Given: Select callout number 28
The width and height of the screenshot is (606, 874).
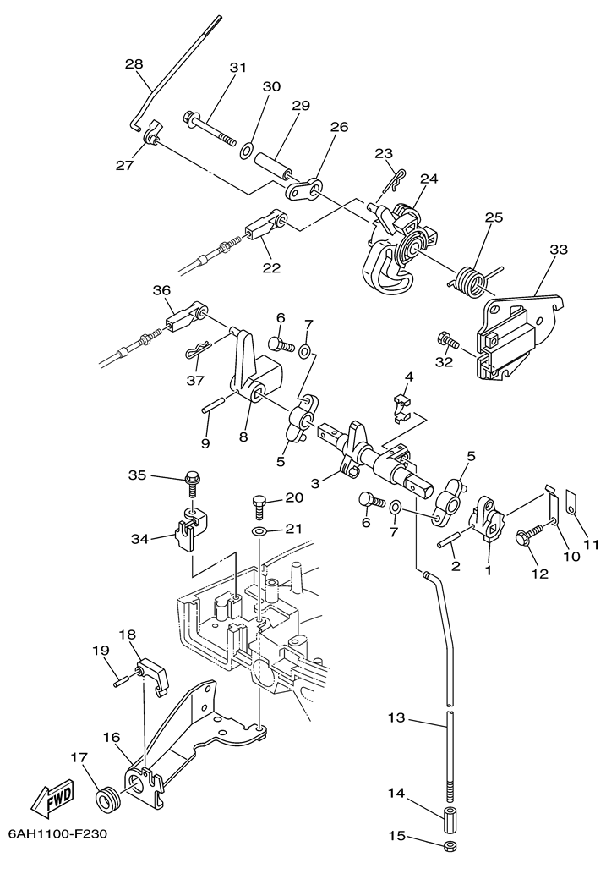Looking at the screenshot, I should pyautogui.click(x=134, y=63).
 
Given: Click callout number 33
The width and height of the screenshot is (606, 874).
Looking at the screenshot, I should pyautogui.click(x=559, y=250).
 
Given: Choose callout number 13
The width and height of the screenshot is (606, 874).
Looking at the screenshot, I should pyautogui.click(x=396, y=718).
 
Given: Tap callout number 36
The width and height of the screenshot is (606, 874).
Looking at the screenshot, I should pyautogui.click(x=161, y=289).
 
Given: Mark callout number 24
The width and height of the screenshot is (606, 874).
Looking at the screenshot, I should pyautogui.click(x=429, y=179).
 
